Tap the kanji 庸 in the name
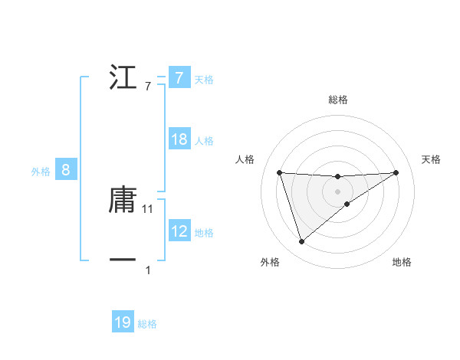pyautogui.click(x=123, y=200)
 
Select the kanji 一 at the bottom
pyautogui.click(x=123, y=260)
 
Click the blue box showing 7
pyautogui.click(x=179, y=78)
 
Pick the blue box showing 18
pyautogui.click(x=179, y=139)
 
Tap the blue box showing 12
pyautogui.click(x=179, y=231)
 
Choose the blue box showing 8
pyautogui.click(x=66, y=170)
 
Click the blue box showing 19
pyautogui.click(x=123, y=322)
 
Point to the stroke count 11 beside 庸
pyautogui.click(x=148, y=208)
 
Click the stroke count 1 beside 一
pyautogui.click(x=148, y=270)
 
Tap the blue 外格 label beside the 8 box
pyautogui.click(x=41, y=172)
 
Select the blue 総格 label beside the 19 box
pyautogui.click(x=147, y=324)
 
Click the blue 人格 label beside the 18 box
pyautogui.click(x=204, y=141)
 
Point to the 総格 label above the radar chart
pyautogui.click(x=338, y=100)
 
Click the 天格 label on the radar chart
pyautogui.click(x=432, y=159)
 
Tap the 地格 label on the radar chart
pyautogui.click(x=402, y=262)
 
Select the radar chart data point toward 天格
pyautogui.click(x=396, y=172)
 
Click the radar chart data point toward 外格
pyautogui.click(x=301, y=242)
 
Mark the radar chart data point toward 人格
pyautogui.click(x=279, y=172)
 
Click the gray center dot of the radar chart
pyautogui.click(x=337, y=191)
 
